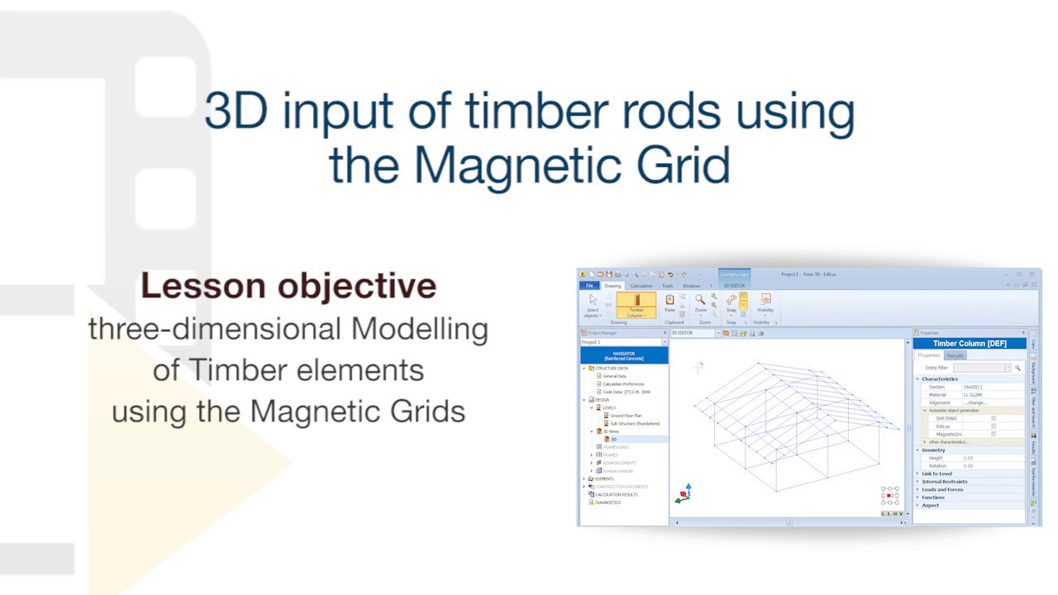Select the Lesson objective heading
click(x=288, y=286)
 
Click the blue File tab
click(x=589, y=286)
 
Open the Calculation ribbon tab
click(x=641, y=286)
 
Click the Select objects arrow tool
click(x=593, y=304)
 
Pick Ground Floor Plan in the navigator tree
click(x=626, y=416)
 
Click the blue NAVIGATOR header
click(x=624, y=355)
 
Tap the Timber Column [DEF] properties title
click(x=970, y=344)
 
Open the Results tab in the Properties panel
click(x=955, y=355)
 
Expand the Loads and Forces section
click(x=942, y=489)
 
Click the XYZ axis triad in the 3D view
click(x=684, y=494)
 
